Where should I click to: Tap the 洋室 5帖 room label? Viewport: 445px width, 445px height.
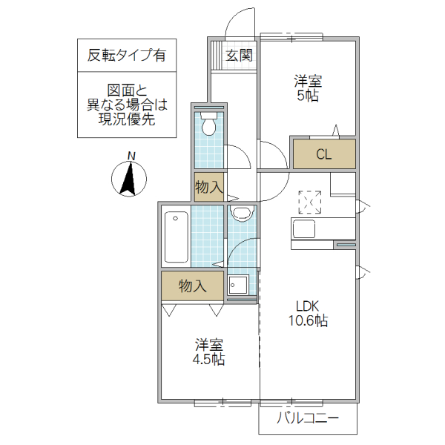306,88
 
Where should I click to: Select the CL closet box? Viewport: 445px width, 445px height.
323,155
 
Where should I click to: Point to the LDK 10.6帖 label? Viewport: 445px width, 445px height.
308,313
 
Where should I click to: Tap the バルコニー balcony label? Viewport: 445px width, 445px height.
308,418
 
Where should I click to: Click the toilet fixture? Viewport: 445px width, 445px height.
209,124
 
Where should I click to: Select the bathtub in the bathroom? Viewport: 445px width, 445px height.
176,237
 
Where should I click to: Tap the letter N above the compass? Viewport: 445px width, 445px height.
131,156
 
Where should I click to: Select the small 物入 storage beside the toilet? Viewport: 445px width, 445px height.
208,187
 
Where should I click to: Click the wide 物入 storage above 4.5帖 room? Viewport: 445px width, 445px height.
192,286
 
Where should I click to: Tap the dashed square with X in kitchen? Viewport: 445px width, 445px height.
309,202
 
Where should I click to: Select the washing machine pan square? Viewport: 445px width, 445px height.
240,285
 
